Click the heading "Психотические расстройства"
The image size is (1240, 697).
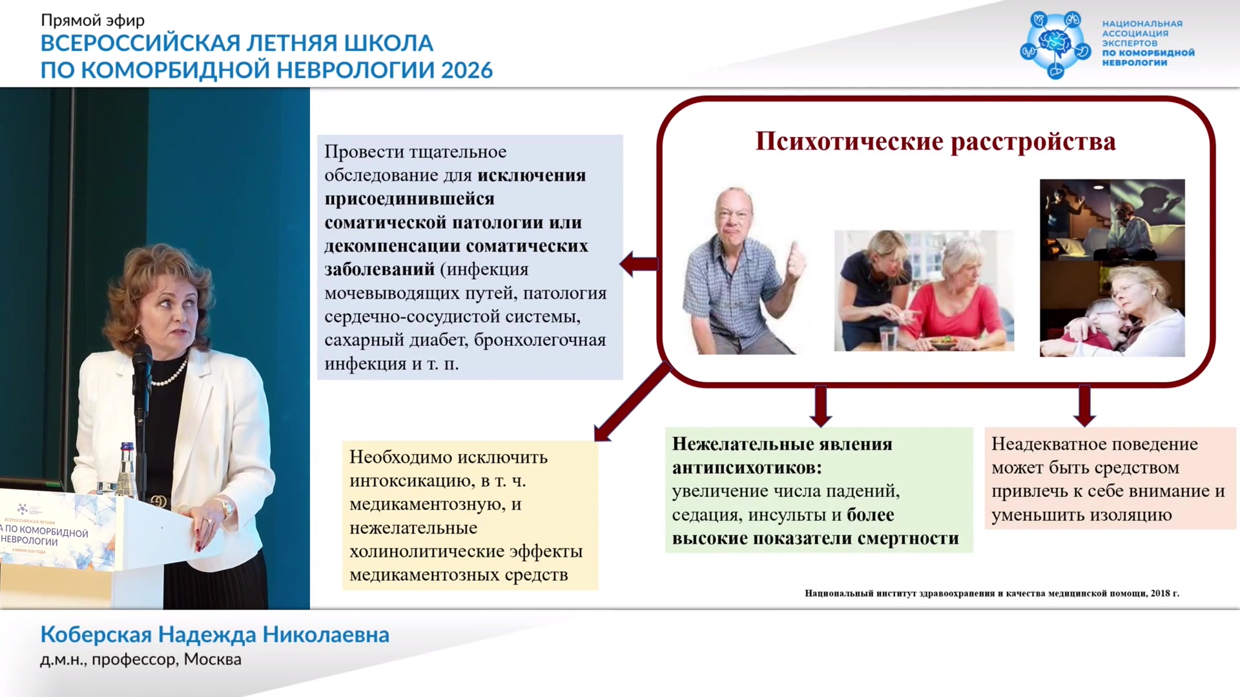[x=935, y=142]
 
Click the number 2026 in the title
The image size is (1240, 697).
[x=467, y=70]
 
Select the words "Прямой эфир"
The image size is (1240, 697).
[x=92, y=20]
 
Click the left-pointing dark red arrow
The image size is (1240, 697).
[x=639, y=263]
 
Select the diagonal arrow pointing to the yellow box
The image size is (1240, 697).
[x=632, y=401]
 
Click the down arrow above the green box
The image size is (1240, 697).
[x=820, y=406]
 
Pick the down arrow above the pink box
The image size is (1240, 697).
[x=1084, y=406]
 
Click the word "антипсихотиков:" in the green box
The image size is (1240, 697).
[x=747, y=468]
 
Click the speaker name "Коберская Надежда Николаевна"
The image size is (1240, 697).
[x=215, y=635]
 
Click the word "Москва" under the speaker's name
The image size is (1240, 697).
[x=212, y=660]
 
